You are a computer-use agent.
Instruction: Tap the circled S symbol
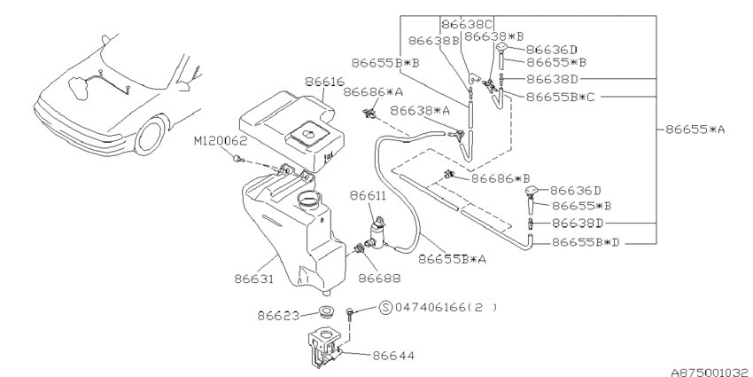385,308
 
